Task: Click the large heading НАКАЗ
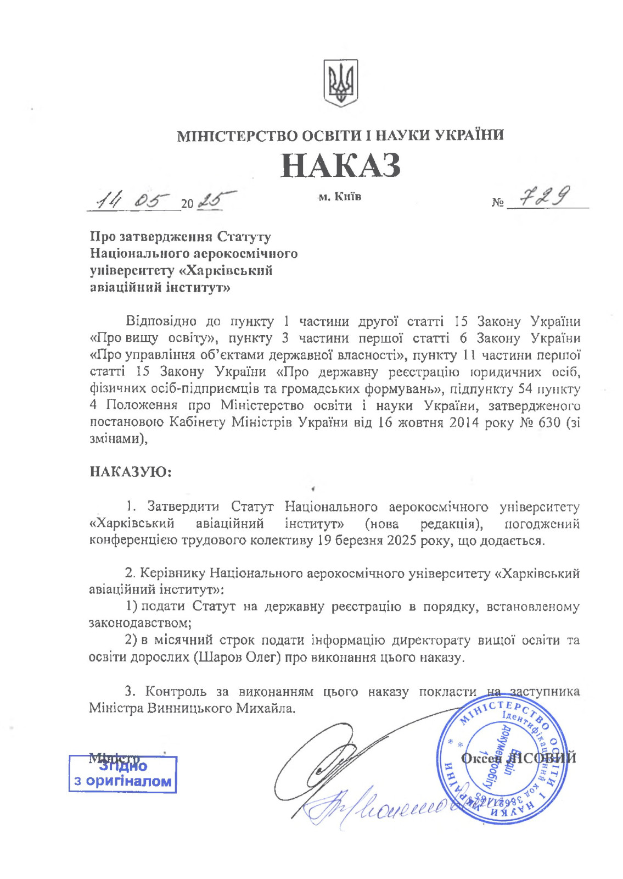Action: coord(340,165)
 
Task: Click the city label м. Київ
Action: coord(340,196)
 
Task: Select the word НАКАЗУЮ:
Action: coord(130,471)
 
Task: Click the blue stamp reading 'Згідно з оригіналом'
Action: coord(123,774)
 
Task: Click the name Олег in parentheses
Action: coord(259,657)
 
